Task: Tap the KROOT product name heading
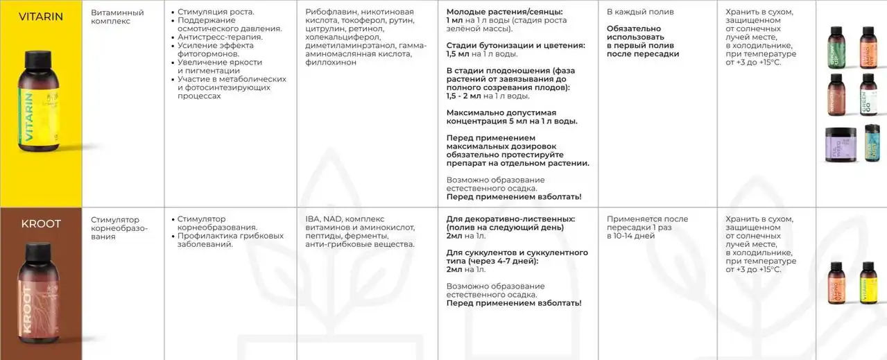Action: point(40,224)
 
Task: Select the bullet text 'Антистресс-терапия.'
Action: point(220,37)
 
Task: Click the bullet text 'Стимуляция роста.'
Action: point(216,12)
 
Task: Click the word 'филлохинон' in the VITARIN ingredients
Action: point(331,62)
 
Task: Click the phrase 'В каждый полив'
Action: point(630,12)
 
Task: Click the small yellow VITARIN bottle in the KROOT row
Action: point(867,284)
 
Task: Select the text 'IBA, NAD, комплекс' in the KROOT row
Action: point(345,219)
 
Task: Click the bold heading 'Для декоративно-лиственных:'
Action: point(510,219)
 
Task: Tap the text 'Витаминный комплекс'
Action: point(117,17)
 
